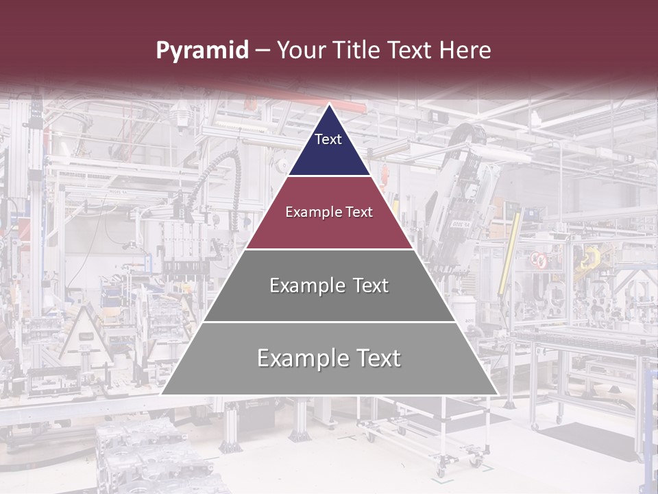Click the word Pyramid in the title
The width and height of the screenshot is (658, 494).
(x=202, y=51)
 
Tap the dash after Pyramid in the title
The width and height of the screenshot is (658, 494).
(x=263, y=51)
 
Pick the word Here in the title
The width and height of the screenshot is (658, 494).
(x=465, y=51)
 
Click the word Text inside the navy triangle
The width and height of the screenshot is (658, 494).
(x=328, y=139)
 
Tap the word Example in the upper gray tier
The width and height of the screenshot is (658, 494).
(x=299, y=285)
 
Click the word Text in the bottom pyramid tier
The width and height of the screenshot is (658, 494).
(x=374, y=358)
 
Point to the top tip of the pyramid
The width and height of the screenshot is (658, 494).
(x=330, y=106)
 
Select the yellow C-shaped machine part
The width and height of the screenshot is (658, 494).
(x=590, y=259)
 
